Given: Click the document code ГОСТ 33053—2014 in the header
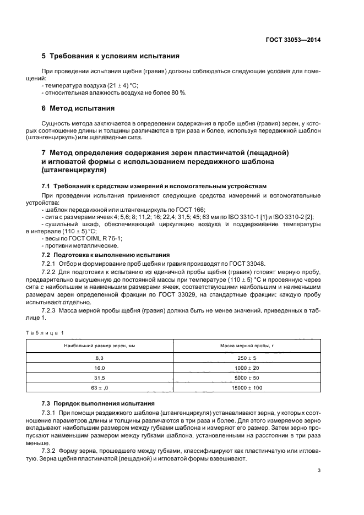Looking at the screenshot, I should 295,39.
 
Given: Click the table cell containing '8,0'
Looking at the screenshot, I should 100,358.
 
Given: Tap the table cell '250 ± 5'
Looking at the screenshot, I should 247,358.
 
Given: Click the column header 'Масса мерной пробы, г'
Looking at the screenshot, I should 247,346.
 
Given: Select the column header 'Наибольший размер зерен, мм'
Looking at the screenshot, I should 100,346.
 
